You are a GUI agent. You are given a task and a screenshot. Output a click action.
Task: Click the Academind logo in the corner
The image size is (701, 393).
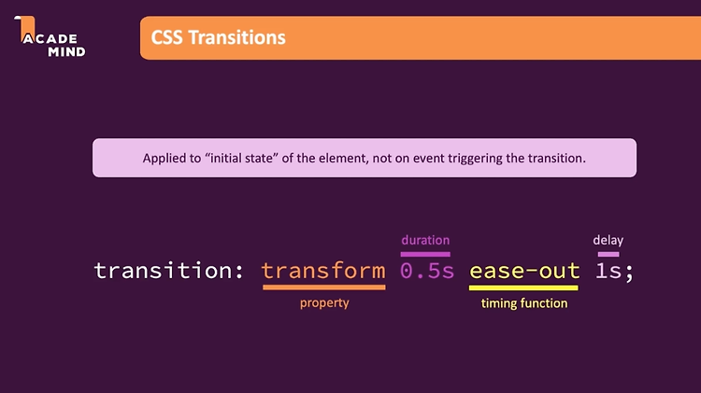[50, 36]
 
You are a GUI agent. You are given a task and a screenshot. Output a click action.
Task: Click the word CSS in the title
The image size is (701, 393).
[166, 37]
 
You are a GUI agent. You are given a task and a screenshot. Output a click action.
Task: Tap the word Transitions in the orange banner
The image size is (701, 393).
[237, 37]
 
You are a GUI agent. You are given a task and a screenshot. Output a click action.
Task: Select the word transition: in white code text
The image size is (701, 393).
[168, 271]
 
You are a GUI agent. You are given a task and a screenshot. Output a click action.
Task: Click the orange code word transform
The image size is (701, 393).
[323, 271]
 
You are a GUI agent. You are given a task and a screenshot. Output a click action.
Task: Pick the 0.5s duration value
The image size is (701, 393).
[427, 271]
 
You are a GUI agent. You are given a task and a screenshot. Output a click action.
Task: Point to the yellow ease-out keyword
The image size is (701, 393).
[524, 271]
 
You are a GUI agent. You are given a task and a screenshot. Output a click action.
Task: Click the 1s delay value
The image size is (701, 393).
[608, 271]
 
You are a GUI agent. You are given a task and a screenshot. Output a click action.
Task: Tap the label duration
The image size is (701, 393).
[425, 240]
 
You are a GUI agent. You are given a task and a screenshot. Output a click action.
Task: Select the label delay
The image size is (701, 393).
[608, 240]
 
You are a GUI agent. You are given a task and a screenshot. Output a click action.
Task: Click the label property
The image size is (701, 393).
[324, 303]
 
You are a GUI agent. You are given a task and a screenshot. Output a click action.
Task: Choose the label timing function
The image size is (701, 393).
[524, 303]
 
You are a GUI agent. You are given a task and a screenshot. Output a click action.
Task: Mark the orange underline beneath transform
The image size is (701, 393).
[324, 288]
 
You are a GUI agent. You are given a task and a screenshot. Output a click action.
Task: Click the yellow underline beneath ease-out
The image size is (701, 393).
[523, 288]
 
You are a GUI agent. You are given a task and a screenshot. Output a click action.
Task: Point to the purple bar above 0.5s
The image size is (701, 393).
[425, 254]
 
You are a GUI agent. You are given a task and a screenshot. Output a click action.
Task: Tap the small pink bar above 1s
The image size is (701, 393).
[608, 254]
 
